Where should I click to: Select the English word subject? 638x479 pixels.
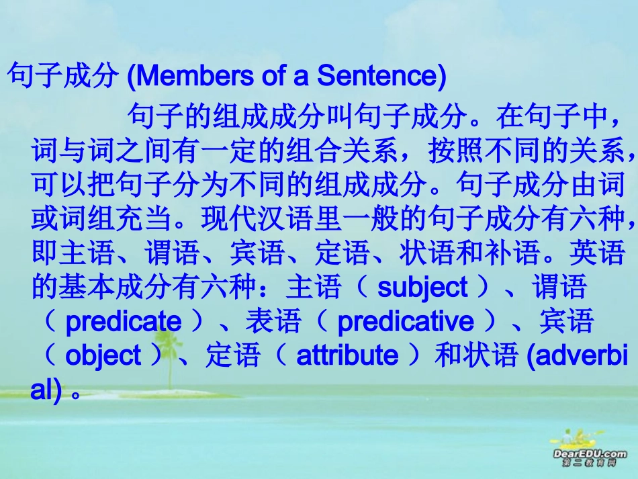(x=422, y=287)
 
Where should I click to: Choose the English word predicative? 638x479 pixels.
(x=405, y=322)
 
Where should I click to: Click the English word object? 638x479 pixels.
(x=103, y=355)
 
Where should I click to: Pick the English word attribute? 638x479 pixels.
(x=347, y=355)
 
